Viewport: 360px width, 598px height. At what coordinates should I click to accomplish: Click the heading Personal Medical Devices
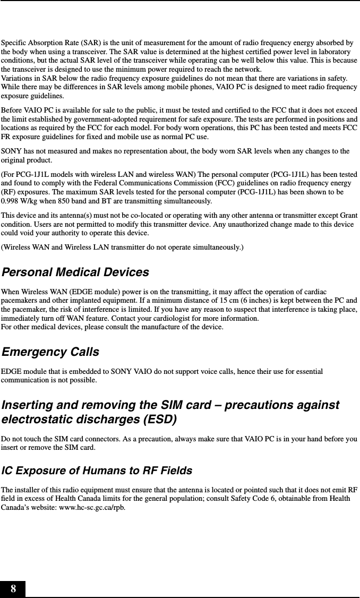click(75, 272)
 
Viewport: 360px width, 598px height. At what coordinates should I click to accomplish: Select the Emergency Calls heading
click(50, 352)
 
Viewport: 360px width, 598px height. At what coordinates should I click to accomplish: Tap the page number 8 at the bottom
click(13, 589)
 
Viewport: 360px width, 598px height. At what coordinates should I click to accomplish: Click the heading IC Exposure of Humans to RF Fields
click(97, 471)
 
